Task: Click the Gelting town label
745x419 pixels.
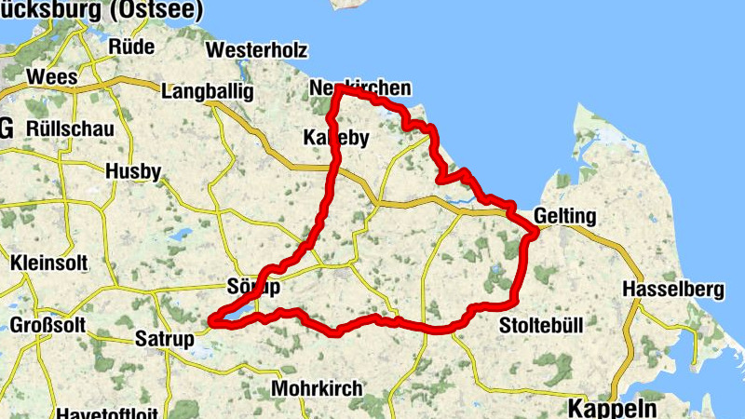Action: tap(565, 216)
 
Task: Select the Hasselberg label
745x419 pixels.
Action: tap(673, 289)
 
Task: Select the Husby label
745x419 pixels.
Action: tap(133, 171)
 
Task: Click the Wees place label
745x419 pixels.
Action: tap(50, 76)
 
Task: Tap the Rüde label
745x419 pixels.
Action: tap(132, 46)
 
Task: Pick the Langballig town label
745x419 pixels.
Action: tap(207, 93)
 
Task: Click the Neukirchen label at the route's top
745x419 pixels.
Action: tap(359, 88)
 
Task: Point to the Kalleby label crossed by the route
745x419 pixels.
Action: tap(337, 138)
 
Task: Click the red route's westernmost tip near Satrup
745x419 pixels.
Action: tap(212, 321)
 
